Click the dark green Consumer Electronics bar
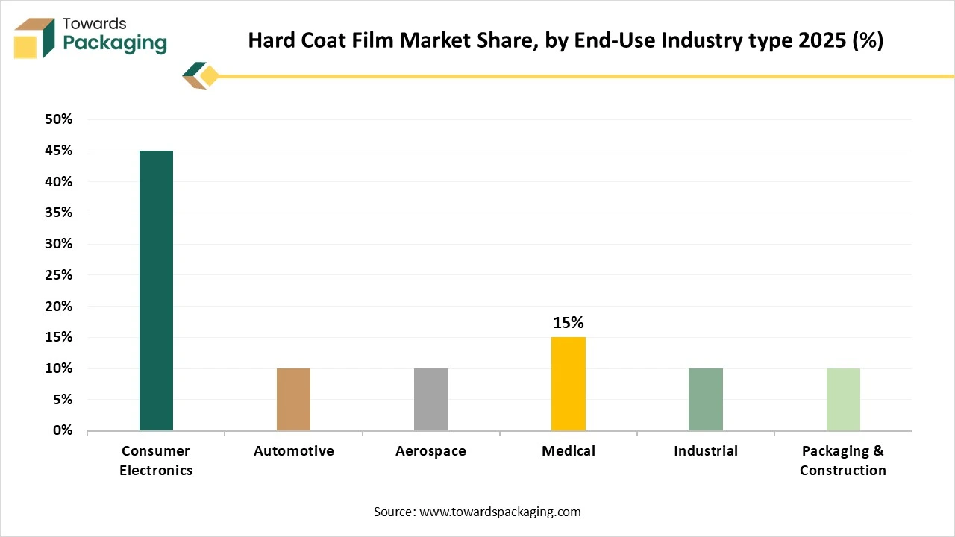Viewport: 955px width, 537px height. [x=156, y=290]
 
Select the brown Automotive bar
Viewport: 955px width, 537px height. [x=293, y=399]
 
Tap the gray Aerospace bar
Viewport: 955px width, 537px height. [x=431, y=399]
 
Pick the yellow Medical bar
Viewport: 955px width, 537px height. [x=569, y=383]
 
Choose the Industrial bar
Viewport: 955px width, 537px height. [x=706, y=399]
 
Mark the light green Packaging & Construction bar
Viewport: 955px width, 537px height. [x=843, y=399]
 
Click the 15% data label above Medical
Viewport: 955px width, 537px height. [x=569, y=323]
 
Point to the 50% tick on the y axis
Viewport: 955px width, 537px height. [x=58, y=119]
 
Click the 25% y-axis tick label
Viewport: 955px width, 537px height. [x=58, y=275]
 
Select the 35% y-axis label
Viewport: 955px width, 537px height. [x=58, y=213]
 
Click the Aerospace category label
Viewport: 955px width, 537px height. [x=431, y=451]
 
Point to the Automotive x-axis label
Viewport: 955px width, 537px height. [x=293, y=451]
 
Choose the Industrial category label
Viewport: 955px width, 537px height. [x=706, y=451]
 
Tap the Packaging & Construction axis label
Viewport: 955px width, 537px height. [x=843, y=461]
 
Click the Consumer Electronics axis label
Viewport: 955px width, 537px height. [x=156, y=461]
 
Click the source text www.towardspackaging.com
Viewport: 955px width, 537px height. [x=500, y=512]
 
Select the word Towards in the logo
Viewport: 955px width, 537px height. [x=95, y=24]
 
